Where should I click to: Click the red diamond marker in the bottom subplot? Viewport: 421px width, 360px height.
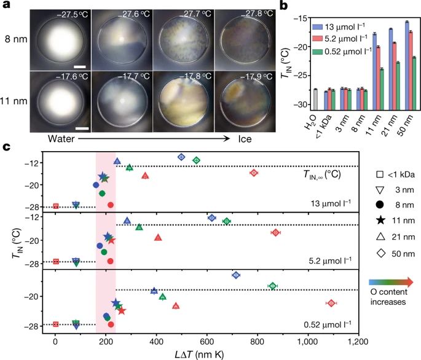331,303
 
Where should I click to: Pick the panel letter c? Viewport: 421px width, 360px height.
6,147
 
